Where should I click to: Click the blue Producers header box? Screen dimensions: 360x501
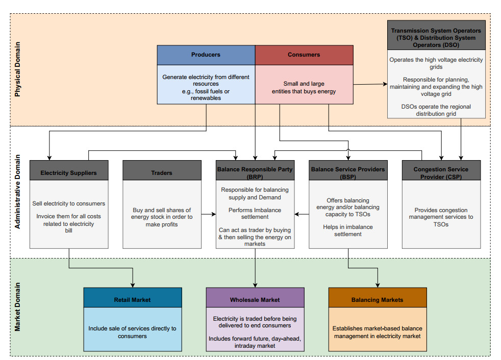(206, 55)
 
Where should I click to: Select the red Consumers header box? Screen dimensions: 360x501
(304, 55)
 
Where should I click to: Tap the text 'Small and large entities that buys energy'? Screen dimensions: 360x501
(304, 87)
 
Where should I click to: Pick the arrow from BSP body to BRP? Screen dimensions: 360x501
(302, 214)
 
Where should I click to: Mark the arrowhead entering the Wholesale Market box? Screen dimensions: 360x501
(255, 285)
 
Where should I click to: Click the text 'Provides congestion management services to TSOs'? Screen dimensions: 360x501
(441, 217)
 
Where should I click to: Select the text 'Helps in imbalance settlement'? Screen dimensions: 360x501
(347, 230)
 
